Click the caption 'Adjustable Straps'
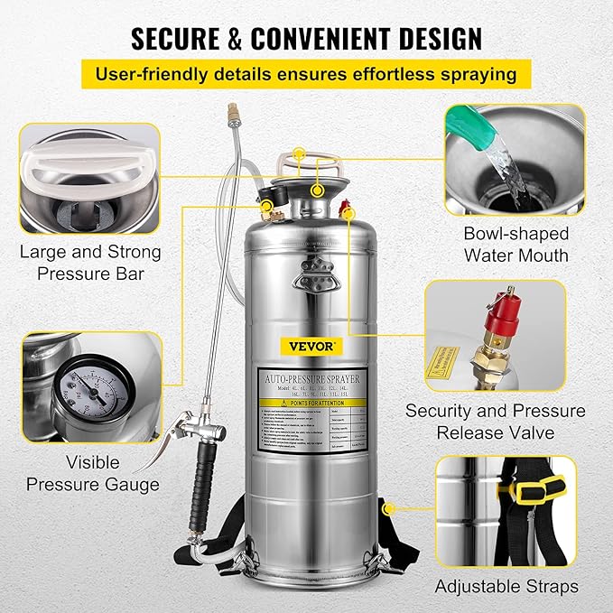click(506, 587)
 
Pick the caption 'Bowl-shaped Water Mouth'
click(515, 244)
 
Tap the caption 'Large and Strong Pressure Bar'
click(89, 263)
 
